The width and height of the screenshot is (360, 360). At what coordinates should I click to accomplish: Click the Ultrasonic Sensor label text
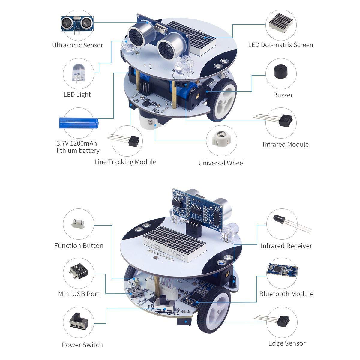click(77, 45)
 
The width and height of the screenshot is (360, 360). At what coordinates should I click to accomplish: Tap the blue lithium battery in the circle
click(78, 123)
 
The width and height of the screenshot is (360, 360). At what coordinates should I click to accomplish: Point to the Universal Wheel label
click(221, 163)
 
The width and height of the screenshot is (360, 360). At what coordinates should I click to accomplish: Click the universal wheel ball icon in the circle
click(222, 139)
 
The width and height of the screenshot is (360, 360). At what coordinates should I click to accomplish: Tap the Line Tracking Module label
click(125, 162)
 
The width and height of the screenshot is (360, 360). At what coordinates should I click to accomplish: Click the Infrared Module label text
click(285, 144)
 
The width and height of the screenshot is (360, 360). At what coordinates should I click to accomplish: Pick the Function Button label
click(79, 246)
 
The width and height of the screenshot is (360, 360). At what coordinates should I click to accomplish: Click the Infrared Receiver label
click(286, 246)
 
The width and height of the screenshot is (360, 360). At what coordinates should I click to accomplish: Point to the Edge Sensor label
click(287, 343)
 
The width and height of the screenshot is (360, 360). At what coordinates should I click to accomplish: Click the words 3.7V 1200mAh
click(77, 143)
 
